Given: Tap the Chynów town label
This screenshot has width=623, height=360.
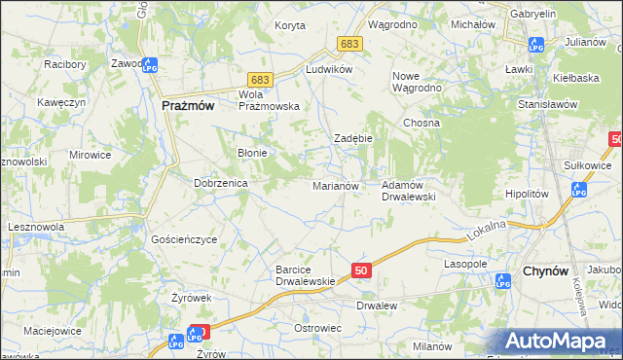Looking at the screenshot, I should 547,271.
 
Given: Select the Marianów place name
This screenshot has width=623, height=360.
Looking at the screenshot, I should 336,185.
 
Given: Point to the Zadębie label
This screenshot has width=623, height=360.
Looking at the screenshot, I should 353,138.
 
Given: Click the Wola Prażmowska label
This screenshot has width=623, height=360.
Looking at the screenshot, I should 270,100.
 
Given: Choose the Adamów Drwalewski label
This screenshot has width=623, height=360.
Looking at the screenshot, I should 407,190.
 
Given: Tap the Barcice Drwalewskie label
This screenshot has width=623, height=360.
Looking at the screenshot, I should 306,274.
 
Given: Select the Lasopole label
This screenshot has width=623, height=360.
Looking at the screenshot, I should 465,264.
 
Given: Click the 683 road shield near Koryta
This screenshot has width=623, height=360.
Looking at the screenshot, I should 350,44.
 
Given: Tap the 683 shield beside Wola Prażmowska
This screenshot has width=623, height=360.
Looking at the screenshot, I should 259,78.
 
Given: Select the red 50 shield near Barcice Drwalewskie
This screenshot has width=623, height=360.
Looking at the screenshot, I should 360,270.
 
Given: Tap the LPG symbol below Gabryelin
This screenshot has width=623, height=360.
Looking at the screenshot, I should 534,44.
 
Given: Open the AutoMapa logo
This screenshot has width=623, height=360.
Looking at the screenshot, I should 560,341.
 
